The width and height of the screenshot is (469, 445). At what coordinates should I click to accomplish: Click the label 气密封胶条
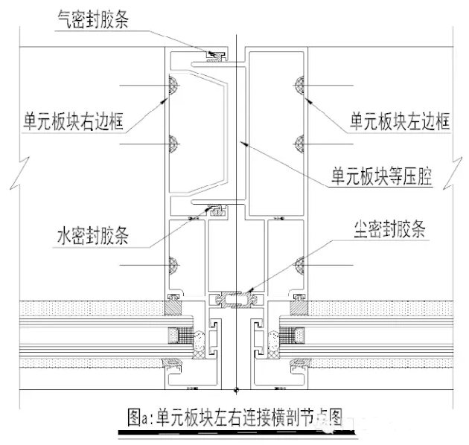93,20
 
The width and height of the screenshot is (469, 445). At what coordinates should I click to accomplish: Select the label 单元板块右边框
73,121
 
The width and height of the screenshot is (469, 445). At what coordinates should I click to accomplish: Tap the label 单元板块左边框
400,121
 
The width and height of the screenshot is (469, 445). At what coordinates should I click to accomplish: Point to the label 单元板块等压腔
382,176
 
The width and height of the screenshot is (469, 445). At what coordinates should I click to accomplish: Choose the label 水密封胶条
93,235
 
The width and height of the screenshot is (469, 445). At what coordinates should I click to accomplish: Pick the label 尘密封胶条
389,229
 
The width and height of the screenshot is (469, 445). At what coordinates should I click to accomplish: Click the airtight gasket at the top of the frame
216,57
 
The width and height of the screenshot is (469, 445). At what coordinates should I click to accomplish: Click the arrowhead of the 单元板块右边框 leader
163,101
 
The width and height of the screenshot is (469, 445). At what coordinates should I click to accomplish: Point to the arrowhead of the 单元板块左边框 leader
309,101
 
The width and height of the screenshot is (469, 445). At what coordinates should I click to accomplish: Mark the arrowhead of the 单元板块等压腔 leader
244,144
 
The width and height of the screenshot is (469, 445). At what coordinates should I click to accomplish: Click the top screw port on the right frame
299,86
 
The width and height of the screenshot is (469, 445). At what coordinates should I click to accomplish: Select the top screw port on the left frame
173,86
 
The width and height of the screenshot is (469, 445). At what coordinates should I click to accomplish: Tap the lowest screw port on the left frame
173,265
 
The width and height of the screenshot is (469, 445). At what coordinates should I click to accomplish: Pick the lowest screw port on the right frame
299,265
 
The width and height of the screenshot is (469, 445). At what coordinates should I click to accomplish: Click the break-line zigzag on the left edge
20,173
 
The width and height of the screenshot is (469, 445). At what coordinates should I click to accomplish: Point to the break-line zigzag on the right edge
453,173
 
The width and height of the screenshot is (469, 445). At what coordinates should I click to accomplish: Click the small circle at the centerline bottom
236,389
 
